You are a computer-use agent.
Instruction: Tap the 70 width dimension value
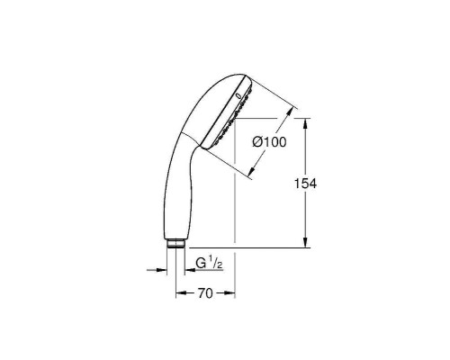coord(203,292)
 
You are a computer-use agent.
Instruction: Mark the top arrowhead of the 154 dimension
coord(307,122)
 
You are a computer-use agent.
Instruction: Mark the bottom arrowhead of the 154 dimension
coord(307,243)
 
